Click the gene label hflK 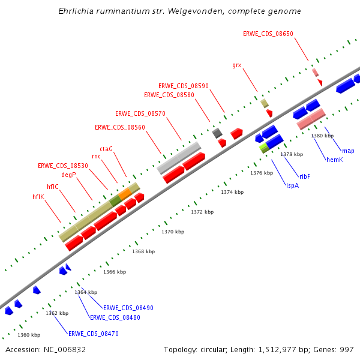click(38, 197)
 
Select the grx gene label click(236, 65)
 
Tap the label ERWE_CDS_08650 click(268, 34)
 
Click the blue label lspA click(292, 185)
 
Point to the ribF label click(305, 176)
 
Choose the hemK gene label click(334, 160)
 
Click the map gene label click(348, 151)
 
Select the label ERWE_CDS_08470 click(94, 334)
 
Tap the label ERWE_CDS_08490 click(128, 308)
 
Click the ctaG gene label click(106, 149)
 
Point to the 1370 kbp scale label click(173, 232)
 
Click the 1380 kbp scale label click(322, 136)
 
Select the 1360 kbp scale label click(29, 335)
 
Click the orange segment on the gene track click(125, 193)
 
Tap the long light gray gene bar click(179, 158)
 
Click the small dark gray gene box click(217, 133)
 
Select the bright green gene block click(263, 147)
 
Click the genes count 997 click(346, 349)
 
